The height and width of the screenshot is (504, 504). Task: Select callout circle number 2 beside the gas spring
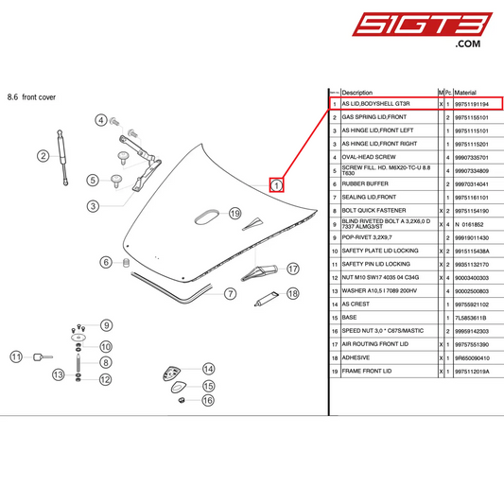pyautogui.click(x=43, y=156)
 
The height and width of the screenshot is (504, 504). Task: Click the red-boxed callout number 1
pyautogui.click(x=277, y=185)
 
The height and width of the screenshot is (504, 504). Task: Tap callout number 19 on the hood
pyautogui.click(x=235, y=213)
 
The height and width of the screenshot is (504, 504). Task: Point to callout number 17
pyautogui.click(x=293, y=269)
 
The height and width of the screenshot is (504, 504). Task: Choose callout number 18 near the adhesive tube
pyautogui.click(x=292, y=294)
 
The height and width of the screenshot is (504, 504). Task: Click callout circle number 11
pyautogui.click(x=16, y=356)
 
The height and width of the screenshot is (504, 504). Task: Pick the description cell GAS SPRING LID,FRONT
pyautogui.click(x=373, y=116)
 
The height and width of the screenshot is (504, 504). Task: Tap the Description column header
pyautogui.click(x=357, y=93)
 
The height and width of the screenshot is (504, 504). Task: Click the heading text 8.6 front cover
pyautogui.click(x=32, y=96)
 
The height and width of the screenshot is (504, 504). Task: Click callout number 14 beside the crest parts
pyautogui.click(x=208, y=369)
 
